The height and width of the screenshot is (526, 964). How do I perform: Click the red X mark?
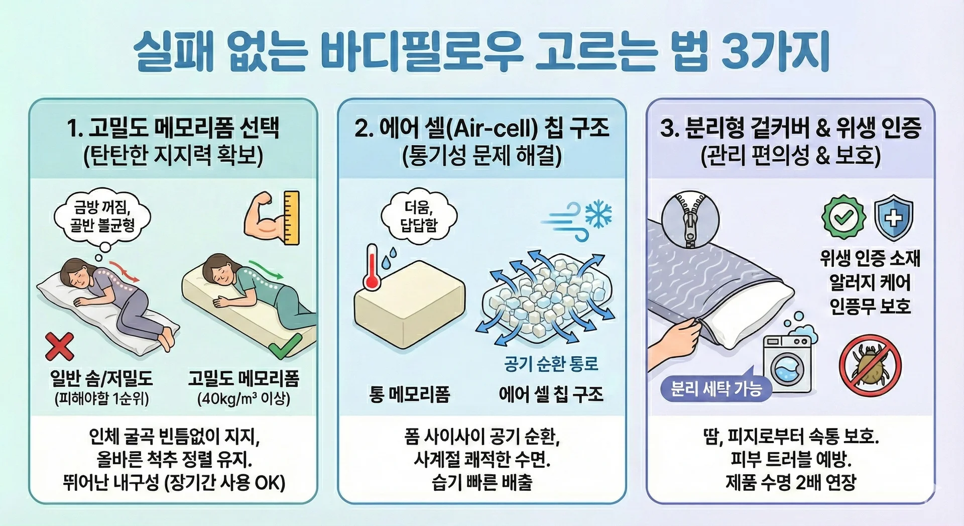pos(59,347)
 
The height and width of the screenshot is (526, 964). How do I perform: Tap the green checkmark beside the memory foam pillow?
pos(285,345)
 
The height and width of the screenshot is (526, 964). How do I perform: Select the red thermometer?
pos(372,267)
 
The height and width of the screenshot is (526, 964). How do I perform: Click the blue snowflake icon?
pos(599,214)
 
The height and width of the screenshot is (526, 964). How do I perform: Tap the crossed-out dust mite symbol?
pos(870,366)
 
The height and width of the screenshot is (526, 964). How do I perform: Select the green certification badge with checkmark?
pos(843,217)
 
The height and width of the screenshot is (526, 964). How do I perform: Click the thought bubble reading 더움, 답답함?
pos(419,216)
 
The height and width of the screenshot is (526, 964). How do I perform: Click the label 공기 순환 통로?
pos(551,364)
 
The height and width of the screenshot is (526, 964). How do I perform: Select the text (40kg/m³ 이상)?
pos(244,399)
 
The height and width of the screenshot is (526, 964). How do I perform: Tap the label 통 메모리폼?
pos(409,394)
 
